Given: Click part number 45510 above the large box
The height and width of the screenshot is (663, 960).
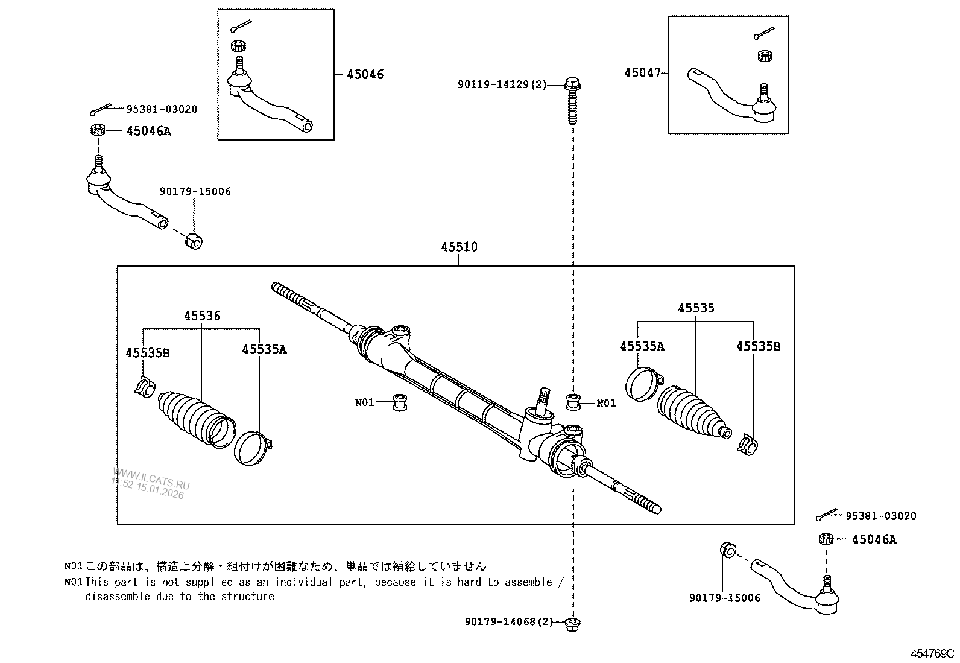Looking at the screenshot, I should (x=459, y=247).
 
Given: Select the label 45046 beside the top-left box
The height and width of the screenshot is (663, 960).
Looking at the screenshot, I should (x=365, y=75).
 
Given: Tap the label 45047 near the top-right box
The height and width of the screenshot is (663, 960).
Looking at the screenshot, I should (x=643, y=73).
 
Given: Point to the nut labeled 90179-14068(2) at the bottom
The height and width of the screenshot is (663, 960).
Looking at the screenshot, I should (x=573, y=624).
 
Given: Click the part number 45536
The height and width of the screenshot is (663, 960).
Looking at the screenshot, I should (x=202, y=316).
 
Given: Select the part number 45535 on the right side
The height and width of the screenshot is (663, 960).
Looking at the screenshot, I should (x=696, y=308).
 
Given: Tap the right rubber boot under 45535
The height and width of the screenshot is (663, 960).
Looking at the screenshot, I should (x=690, y=412).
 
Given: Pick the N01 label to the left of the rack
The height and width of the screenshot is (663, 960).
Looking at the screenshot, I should (x=364, y=402).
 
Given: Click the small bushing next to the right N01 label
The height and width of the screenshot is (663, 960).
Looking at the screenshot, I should (x=574, y=401).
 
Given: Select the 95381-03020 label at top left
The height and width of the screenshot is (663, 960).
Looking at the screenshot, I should (x=161, y=109).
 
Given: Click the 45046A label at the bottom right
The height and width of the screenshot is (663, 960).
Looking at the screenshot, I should (x=874, y=539).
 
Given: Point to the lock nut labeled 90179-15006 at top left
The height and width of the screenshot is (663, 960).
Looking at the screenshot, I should (x=194, y=241).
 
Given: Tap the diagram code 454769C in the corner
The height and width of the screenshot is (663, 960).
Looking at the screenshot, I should (x=932, y=653).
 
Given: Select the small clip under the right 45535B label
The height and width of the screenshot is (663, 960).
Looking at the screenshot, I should (x=747, y=445).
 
